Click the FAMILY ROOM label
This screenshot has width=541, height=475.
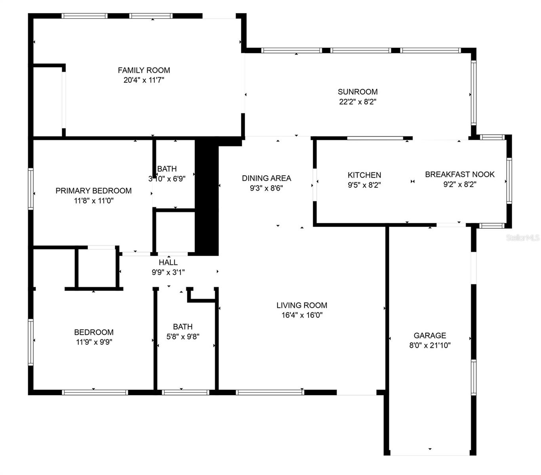[x=144, y=70]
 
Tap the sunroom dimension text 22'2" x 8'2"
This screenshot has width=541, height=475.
[x=358, y=102]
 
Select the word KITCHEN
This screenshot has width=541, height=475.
[x=364, y=175]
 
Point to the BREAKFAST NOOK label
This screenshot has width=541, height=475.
[x=460, y=174]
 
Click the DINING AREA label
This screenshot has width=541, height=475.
[x=267, y=178]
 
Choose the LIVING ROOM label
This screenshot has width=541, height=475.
[x=302, y=305]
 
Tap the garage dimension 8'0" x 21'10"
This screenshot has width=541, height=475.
[x=430, y=345]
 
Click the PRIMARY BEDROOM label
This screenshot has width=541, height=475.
[x=93, y=191]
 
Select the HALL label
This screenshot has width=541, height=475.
[x=168, y=262]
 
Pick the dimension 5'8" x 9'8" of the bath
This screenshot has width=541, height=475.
[x=183, y=337]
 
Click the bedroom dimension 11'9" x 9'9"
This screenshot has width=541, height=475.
[x=94, y=342]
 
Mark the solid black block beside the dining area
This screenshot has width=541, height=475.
[x=207, y=196]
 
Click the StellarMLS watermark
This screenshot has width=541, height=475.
[x=523, y=237]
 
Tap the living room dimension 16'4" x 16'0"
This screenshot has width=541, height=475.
[x=302, y=315]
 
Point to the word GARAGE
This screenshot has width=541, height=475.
[x=430, y=335]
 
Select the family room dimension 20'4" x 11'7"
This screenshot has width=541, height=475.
[x=144, y=80]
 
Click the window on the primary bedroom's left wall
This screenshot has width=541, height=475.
[x=30, y=188]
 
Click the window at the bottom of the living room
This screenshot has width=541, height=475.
[x=270, y=392]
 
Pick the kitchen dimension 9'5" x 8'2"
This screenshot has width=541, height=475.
[x=364, y=185]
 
